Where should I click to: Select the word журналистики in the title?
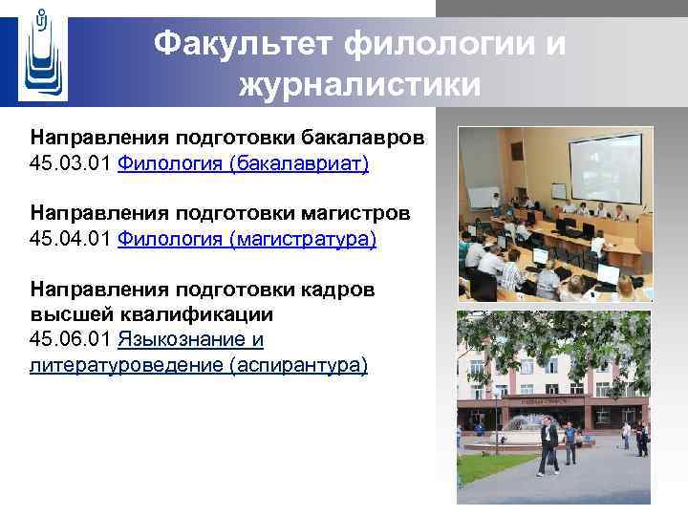pyautogui.click(x=360, y=86)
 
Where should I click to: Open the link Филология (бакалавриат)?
pyautogui.click(x=243, y=163)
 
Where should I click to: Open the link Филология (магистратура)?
pyautogui.click(x=247, y=238)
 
